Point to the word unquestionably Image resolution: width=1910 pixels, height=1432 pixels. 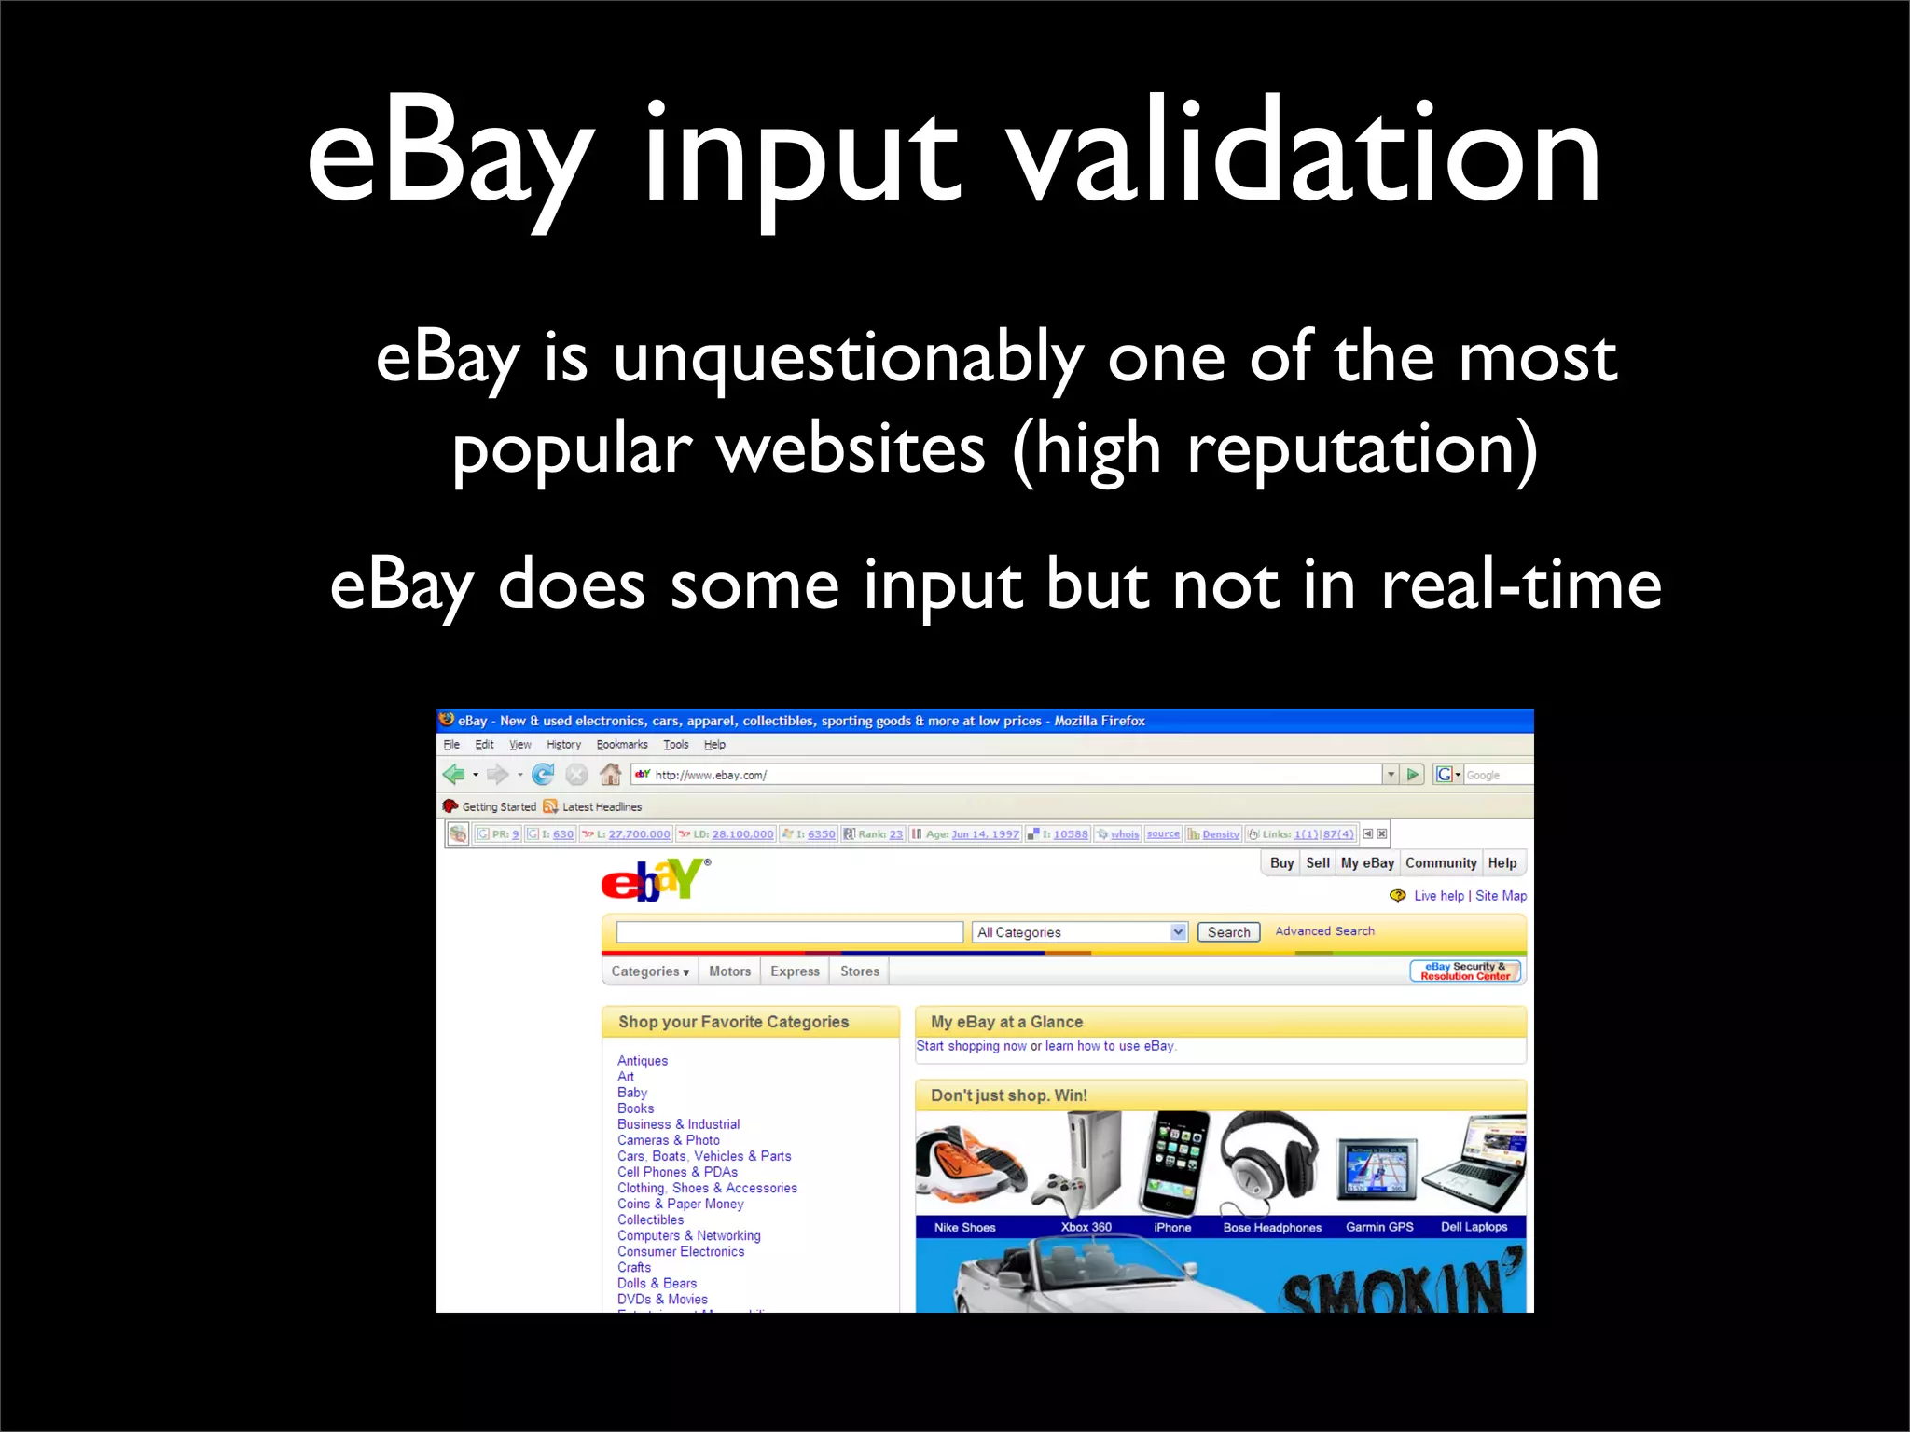click(x=848, y=359)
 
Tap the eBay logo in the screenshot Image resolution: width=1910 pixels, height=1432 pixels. click(x=654, y=880)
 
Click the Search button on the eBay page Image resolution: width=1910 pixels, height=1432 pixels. click(x=1227, y=932)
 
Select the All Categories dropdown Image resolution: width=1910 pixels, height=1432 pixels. click(x=1079, y=932)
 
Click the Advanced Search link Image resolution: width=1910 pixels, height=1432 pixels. click(x=1323, y=931)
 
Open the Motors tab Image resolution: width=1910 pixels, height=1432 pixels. click(x=729, y=971)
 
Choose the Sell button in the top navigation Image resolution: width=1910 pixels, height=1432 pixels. click(x=1317, y=863)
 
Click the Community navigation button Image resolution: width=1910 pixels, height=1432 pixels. click(x=1440, y=863)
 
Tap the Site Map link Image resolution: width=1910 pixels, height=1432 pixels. click(x=1501, y=896)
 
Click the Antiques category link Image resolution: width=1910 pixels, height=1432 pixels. click(x=643, y=1061)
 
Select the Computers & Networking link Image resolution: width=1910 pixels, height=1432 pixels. click(x=688, y=1236)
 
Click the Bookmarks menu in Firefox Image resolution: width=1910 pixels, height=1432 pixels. click(x=621, y=745)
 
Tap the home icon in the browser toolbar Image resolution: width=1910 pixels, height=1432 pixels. click(x=610, y=775)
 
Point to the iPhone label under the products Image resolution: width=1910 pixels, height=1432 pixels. click(x=1171, y=1228)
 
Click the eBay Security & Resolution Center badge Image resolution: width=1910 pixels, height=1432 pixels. click(x=1464, y=971)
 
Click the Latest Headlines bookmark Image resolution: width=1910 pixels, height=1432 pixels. click(x=601, y=807)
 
